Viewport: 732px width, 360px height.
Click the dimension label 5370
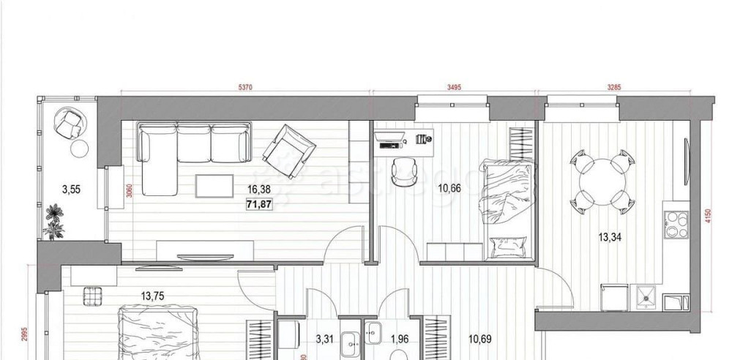click(244, 88)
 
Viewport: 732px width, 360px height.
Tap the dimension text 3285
click(613, 88)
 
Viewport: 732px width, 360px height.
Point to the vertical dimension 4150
click(708, 217)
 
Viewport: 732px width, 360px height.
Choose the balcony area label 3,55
click(71, 190)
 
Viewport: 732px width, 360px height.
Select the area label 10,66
click(449, 189)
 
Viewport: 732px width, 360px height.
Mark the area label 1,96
click(399, 339)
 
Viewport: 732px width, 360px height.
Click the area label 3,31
click(324, 339)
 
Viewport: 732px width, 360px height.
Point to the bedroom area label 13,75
click(152, 296)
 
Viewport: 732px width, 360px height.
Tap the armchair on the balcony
click(71, 124)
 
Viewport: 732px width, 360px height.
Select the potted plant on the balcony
click(53, 220)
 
